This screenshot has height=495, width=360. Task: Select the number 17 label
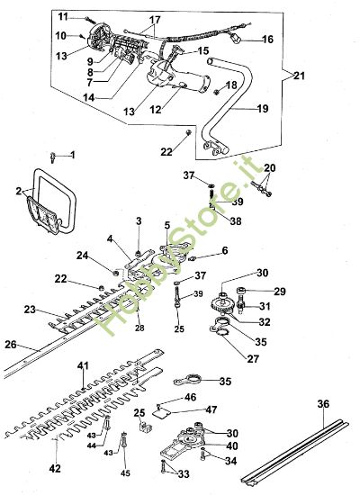coord(155,20)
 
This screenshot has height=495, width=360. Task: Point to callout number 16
coord(267,40)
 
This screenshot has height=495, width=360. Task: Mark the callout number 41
coord(83,365)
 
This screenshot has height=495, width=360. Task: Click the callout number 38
coord(209,220)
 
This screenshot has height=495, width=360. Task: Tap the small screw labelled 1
coord(55,158)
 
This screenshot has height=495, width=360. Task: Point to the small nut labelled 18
coord(217,91)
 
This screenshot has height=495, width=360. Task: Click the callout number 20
coord(270,168)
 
